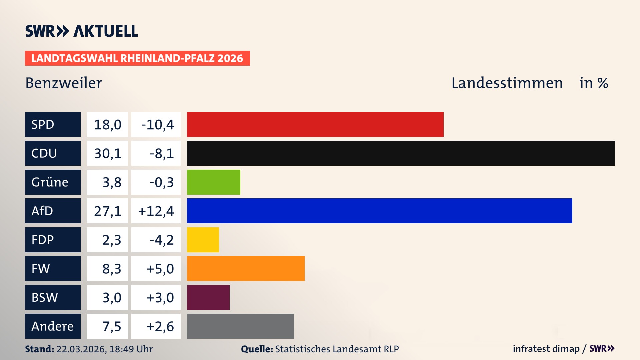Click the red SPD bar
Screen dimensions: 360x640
tap(315, 124)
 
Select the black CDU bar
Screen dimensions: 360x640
tap(401, 153)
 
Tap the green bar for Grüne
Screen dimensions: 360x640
tap(213, 182)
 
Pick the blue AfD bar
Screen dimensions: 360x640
tap(379, 211)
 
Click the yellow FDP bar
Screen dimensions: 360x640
tap(203, 240)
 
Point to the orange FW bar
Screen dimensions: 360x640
tap(246, 268)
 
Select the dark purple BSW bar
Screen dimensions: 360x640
tap(208, 297)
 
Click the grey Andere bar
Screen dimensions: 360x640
tap(240, 326)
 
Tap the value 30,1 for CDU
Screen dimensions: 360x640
tap(107, 153)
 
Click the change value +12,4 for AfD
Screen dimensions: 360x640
tap(156, 211)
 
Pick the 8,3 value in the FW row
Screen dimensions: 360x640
tap(111, 269)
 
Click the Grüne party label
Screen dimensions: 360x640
tap(50, 182)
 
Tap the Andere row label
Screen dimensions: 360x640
tap(52, 326)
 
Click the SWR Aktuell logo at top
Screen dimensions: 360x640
tap(81, 31)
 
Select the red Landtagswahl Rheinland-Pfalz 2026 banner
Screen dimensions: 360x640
tap(137, 58)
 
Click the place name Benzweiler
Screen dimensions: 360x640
tap(64, 83)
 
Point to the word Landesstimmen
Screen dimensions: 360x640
tap(507, 83)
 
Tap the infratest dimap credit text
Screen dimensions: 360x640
tap(546, 349)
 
